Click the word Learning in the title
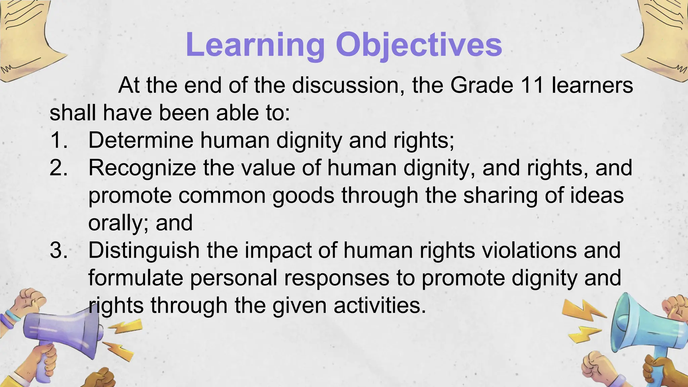(x=255, y=45)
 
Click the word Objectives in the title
(x=419, y=45)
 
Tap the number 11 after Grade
(x=532, y=85)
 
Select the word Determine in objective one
(x=141, y=140)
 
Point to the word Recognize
(x=142, y=168)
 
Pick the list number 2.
(x=58, y=168)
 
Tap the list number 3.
(x=58, y=251)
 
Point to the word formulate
(x=136, y=278)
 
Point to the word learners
(x=592, y=85)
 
